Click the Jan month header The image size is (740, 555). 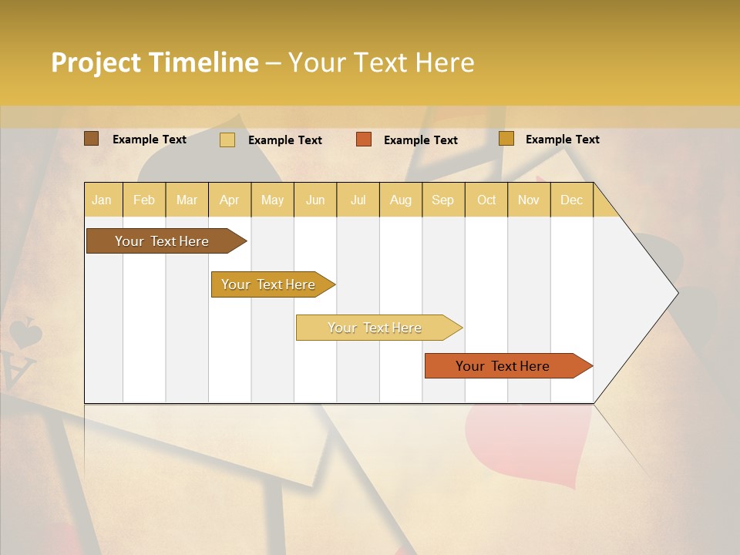pos(102,200)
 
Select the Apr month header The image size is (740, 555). pos(230,200)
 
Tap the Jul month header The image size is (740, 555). pos(358,200)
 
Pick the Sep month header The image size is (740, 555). pos(442,200)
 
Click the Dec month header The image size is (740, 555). pos(571,200)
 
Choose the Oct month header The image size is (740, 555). pos(486,200)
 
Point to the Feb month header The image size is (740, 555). pos(144,200)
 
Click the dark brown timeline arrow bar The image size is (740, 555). pos(162,241)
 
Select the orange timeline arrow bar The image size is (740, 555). pos(503,366)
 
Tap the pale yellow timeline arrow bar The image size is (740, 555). pos(375,328)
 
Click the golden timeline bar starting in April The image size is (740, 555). pos(268,284)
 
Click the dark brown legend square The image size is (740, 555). pos(92,139)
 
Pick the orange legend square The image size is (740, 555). pos(364,140)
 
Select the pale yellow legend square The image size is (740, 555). pos(227,140)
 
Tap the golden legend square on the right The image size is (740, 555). pos(506,139)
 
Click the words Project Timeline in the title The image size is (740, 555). pos(154,62)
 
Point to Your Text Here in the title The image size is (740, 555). pos(381,62)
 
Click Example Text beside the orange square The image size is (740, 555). pos(420,140)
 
